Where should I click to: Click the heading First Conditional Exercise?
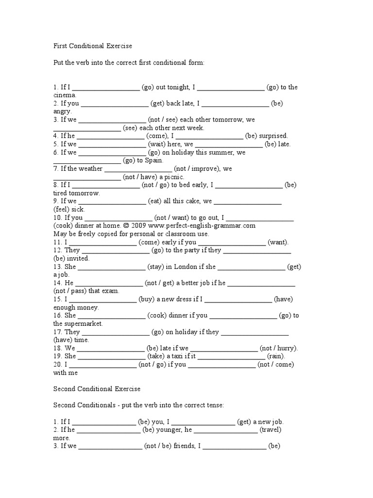coord(92,46)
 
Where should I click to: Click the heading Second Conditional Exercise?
coord(97,389)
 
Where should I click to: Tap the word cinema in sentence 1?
coord(64,95)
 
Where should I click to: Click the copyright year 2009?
coord(139,226)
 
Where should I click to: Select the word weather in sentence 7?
coord(87,169)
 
